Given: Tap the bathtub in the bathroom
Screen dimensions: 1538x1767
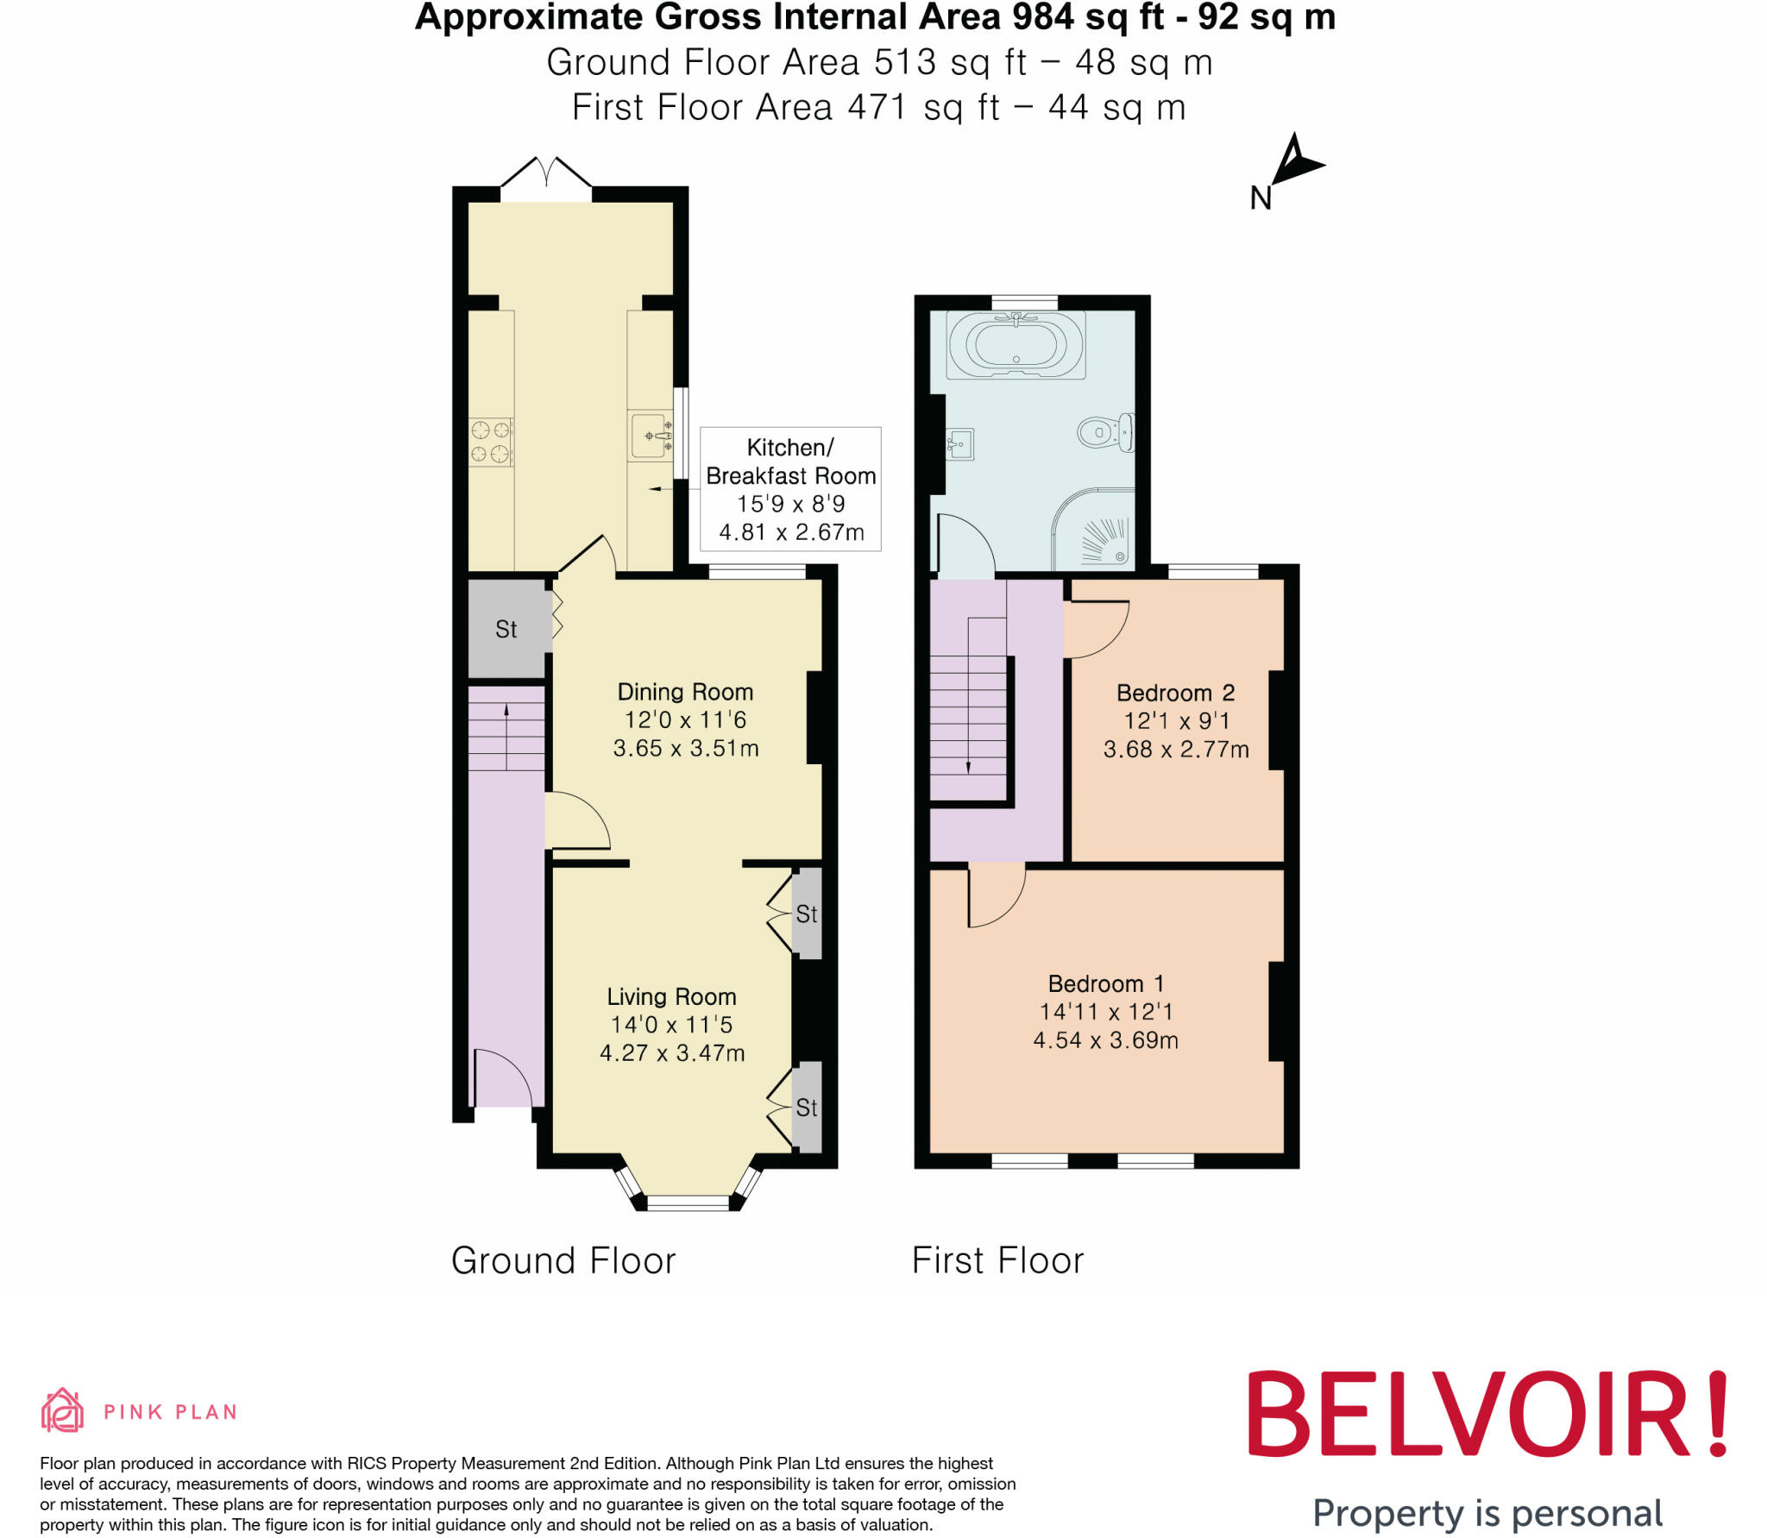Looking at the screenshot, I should tap(1015, 344).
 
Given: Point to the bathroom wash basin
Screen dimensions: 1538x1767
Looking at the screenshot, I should tap(959, 445).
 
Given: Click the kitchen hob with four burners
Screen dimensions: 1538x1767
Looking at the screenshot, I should tap(490, 442).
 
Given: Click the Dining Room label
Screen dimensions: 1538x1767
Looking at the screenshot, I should tap(685, 692).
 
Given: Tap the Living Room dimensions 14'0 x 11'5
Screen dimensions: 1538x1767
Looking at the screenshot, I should tap(671, 1025).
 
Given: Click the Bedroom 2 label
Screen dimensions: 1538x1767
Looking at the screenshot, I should tap(1175, 693).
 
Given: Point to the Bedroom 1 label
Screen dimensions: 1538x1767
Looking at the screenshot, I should tap(1105, 983).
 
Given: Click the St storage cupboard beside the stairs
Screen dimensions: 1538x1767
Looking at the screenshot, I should tap(506, 629).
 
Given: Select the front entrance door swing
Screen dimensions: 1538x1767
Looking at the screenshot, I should tap(505, 1078).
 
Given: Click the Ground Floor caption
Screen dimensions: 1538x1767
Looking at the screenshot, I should tap(563, 1260).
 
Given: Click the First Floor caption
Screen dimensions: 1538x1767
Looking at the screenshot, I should tap(997, 1260).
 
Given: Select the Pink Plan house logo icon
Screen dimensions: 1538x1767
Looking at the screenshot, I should tap(62, 1411).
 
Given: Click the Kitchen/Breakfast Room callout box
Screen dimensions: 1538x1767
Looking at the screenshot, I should tap(790, 489).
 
